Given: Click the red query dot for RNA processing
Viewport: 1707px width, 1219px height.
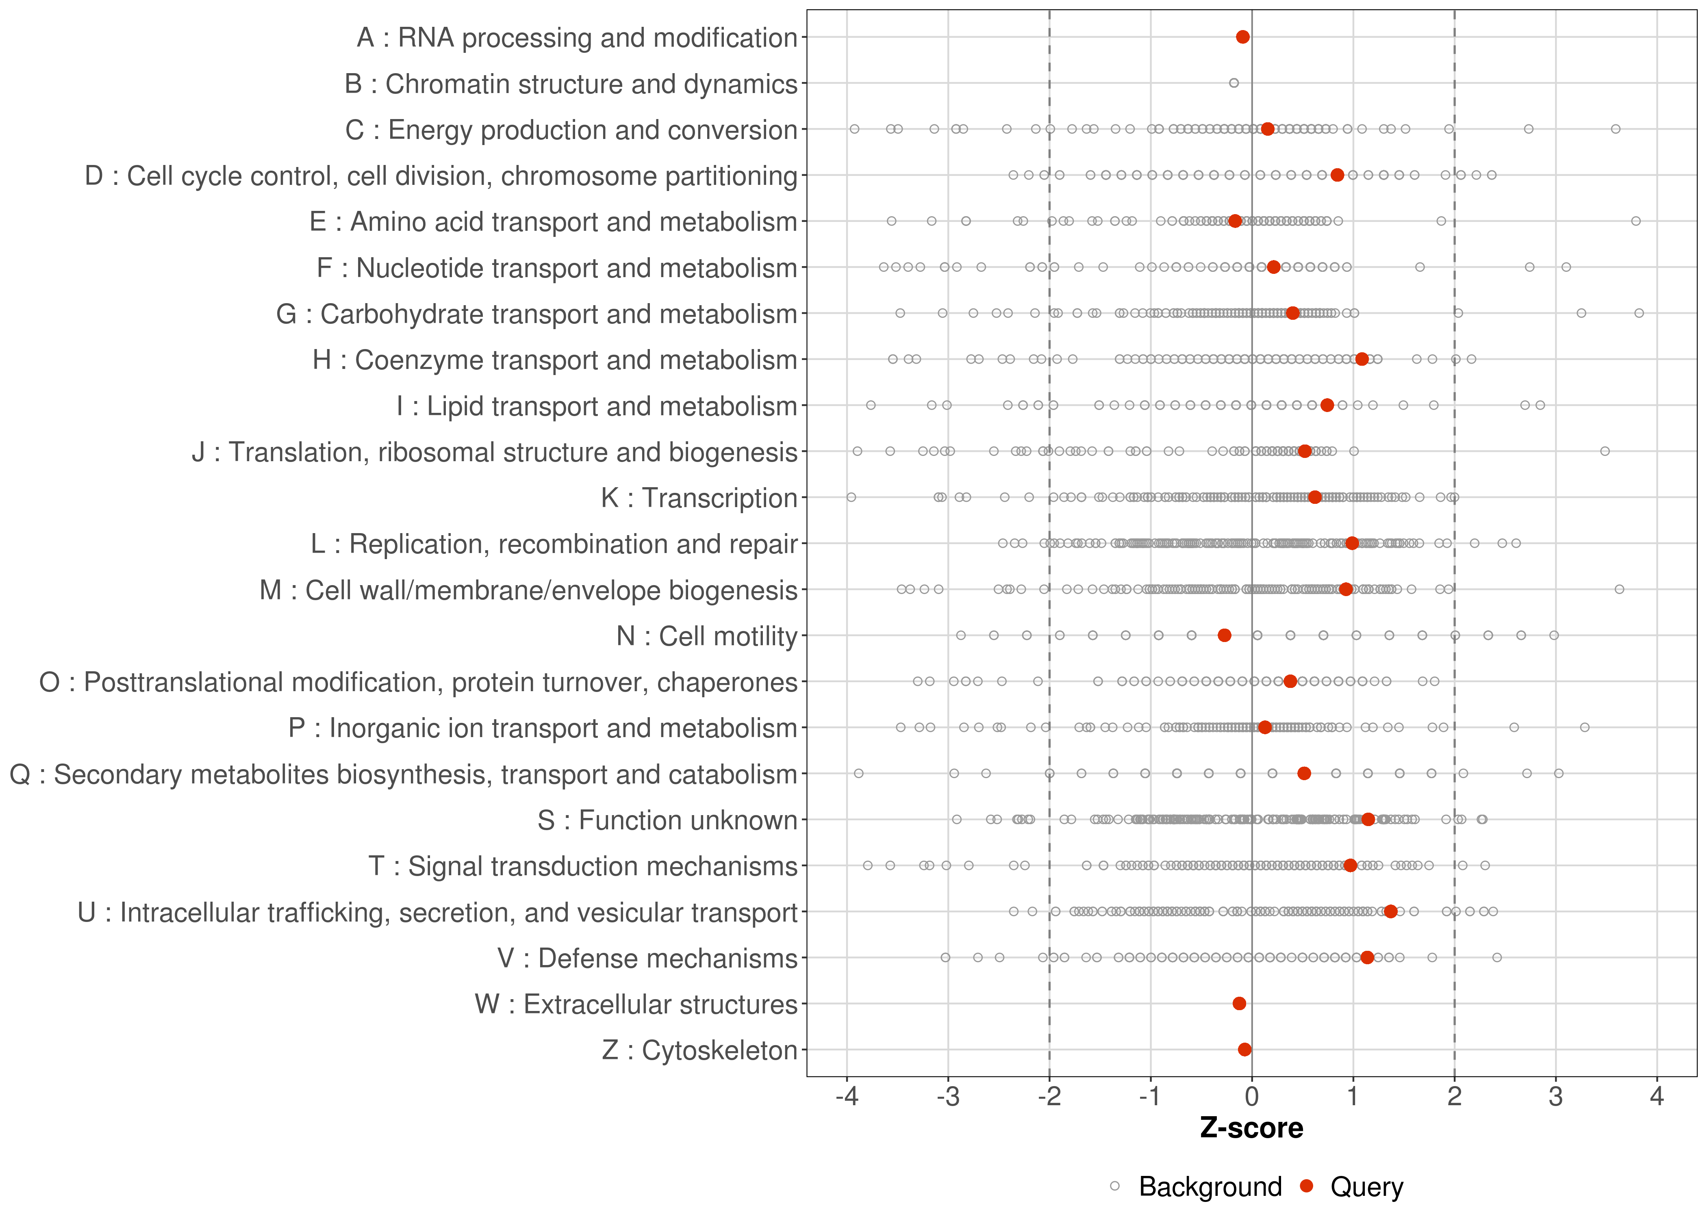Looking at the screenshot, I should [x=1242, y=37].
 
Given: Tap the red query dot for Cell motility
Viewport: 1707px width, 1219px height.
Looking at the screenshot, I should [x=1224, y=635].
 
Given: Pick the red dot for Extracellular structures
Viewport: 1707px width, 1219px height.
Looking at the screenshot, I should [x=1239, y=1004].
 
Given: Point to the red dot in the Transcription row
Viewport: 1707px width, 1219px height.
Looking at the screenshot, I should [x=1314, y=497].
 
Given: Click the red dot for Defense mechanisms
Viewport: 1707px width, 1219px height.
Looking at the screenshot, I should [x=1367, y=957].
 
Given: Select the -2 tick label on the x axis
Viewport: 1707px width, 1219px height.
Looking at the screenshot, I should [x=1049, y=1098].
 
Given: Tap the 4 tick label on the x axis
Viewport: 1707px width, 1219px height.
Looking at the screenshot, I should [x=1657, y=1098].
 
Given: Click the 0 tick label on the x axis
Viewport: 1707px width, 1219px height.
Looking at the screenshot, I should [x=1251, y=1098].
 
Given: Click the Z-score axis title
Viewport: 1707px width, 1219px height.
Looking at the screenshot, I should [x=1251, y=1128].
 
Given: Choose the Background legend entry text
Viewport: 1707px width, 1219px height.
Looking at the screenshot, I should [x=1210, y=1187].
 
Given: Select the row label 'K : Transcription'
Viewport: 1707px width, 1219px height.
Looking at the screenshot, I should [x=699, y=498].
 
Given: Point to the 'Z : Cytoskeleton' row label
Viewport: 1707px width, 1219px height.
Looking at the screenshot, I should [x=699, y=1050].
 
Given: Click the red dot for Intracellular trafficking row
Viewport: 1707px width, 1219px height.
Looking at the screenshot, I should [x=1390, y=911].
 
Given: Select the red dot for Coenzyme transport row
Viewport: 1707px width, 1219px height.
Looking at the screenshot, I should [x=1362, y=359].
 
